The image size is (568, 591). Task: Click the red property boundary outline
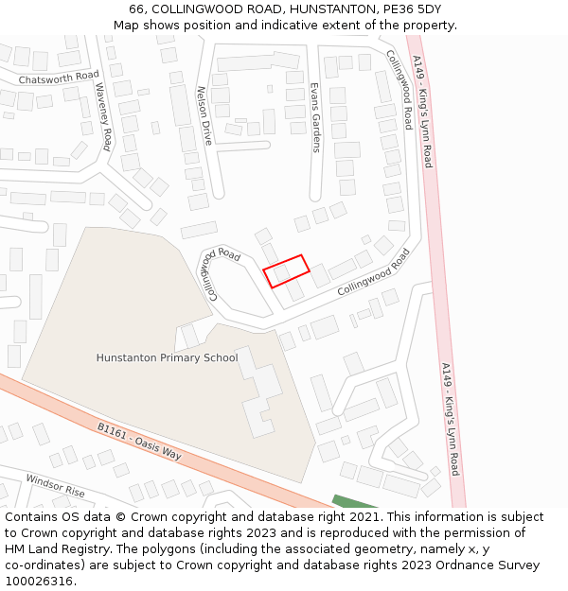(x=286, y=270)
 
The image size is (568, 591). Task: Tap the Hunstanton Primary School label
(x=167, y=358)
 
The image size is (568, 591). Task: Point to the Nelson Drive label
(x=202, y=115)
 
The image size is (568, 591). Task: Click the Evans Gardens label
(x=315, y=117)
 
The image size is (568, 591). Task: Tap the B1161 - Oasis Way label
(x=139, y=442)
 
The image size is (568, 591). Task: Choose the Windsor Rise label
(x=55, y=486)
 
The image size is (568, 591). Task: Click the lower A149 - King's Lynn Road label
(x=450, y=419)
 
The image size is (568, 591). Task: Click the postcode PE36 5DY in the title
(x=410, y=9)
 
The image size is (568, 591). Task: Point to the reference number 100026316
(x=40, y=582)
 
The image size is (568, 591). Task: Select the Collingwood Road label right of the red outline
(x=374, y=271)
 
